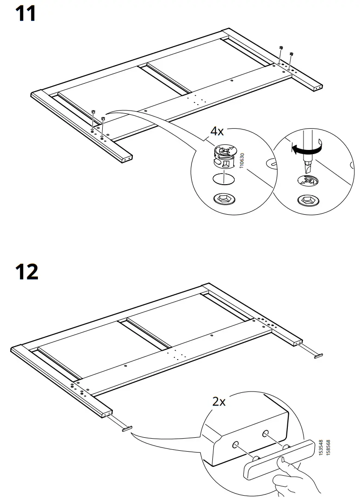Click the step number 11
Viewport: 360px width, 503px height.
point(25,14)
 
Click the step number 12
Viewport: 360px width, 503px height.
point(26,272)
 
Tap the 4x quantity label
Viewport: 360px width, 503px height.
point(217,131)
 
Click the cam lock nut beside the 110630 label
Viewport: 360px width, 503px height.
point(224,158)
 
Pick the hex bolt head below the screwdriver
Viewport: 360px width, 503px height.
point(308,200)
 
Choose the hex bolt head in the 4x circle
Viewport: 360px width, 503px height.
point(224,199)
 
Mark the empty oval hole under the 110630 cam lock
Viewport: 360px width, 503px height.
point(223,179)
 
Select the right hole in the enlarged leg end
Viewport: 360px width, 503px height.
point(266,433)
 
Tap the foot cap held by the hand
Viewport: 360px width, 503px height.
point(278,461)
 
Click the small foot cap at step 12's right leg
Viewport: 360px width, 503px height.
point(318,355)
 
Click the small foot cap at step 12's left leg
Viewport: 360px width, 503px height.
point(126,428)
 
